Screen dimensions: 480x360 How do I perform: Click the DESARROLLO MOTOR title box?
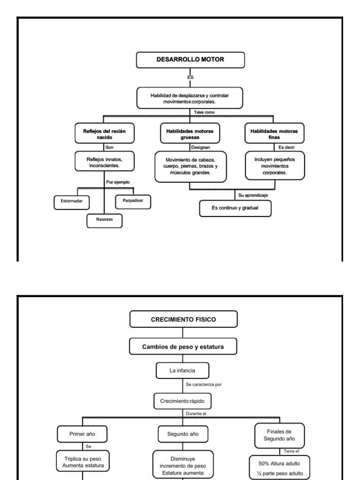click(x=190, y=60)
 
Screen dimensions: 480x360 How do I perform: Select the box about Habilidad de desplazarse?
click(x=190, y=98)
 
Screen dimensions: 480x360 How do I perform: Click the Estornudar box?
click(x=71, y=202)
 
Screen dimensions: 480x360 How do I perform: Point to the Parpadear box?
click(x=133, y=201)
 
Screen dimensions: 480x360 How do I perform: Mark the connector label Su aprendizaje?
click(x=253, y=195)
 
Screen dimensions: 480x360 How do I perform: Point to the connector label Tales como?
click(x=204, y=112)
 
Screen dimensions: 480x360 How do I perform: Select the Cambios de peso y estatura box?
click(x=183, y=347)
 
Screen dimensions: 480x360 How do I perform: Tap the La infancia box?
click(x=182, y=371)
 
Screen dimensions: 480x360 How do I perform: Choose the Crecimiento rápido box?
click(x=182, y=402)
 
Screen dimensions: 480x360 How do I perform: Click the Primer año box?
click(x=82, y=434)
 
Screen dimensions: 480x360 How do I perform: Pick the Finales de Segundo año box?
click(x=279, y=435)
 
